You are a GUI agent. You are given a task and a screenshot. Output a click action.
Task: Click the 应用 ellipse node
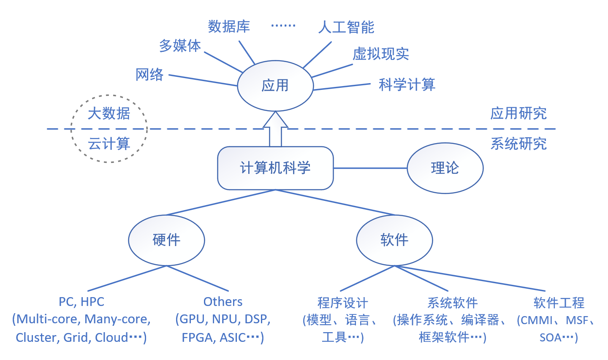(x=275, y=86)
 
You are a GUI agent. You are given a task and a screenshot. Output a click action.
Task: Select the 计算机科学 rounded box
(x=275, y=168)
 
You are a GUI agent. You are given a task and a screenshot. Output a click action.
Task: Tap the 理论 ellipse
(x=445, y=168)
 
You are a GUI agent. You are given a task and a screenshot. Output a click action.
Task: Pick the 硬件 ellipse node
(x=166, y=240)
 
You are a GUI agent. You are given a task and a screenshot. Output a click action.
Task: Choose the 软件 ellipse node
(x=394, y=240)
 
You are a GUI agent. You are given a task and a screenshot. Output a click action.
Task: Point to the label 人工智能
(x=346, y=27)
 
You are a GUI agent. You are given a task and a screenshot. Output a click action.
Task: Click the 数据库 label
(x=229, y=27)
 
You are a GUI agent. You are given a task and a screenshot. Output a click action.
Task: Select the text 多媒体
(x=180, y=46)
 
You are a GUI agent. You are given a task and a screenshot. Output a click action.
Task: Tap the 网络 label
(x=149, y=75)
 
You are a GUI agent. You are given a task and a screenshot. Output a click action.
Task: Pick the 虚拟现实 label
(x=381, y=54)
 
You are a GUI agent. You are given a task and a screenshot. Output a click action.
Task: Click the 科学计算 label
(x=407, y=85)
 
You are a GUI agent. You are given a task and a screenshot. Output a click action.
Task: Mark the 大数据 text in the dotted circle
(x=109, y=113)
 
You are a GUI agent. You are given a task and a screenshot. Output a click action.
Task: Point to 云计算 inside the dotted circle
(x=109, y=144)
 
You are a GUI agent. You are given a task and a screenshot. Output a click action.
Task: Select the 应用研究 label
(x=518, y=113)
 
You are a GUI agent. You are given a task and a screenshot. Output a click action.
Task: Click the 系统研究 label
(x=518, y=144)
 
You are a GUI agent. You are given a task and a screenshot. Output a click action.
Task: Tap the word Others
(x=223, y=302)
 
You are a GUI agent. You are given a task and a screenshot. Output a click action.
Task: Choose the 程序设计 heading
(x=342, y=303)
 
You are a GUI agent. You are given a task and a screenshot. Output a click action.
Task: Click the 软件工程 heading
(x=559, y=303)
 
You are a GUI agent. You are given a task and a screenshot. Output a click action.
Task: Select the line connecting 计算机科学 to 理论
(x=370, y=168)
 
